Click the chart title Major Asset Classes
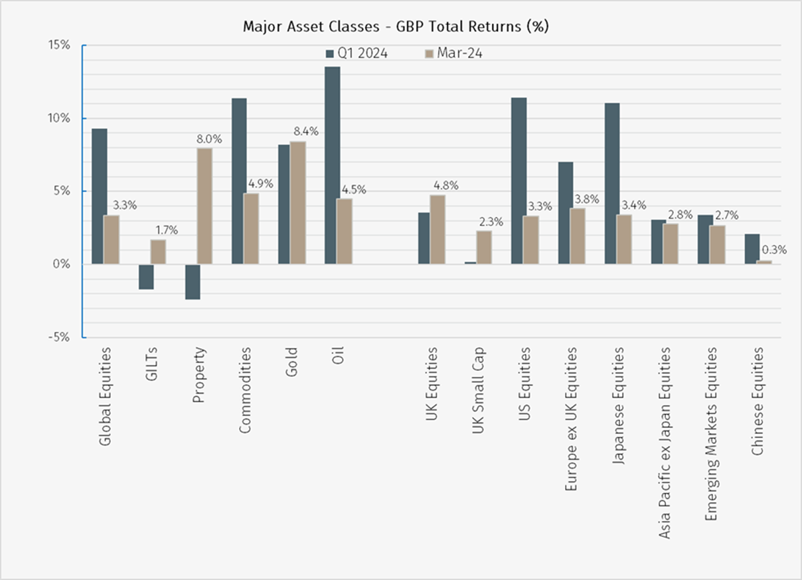coord(396,27)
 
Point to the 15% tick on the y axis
coord(60,45)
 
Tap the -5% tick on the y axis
coord(60,338)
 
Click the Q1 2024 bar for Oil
coord(333,165)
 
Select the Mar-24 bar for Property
coord(204,206)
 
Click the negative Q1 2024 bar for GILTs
coord(146,276)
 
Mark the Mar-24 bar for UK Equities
coord(438,229)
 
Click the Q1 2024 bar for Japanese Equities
coord(613,183)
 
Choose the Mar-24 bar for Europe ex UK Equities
coord(578,236)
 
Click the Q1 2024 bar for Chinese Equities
coord(752,249)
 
